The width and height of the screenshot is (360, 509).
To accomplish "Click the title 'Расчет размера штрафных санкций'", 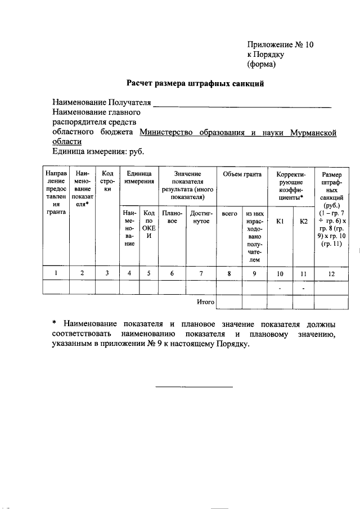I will (195, 84).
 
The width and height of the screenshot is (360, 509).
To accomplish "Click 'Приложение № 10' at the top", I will (280, 44).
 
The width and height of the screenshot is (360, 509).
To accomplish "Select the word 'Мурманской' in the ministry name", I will (314, 133).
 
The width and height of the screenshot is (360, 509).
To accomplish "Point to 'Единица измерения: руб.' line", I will (98, 151).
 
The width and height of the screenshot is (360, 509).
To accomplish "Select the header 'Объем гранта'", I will (242, 175).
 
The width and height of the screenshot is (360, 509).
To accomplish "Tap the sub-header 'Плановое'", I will (170, 218).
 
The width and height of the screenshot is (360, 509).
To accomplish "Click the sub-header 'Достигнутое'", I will (200, 218).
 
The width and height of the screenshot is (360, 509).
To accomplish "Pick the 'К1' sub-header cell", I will (280, 222).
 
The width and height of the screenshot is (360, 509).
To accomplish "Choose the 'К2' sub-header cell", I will (303, 222).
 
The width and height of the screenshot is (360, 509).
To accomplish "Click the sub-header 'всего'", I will (228, 214).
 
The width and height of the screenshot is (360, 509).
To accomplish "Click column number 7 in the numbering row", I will (200, 273).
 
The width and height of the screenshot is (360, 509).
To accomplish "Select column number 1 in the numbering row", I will (56, 273).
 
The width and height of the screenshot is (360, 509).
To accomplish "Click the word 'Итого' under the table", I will (205, 302).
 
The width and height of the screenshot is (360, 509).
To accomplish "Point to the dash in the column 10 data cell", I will (280, 288).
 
